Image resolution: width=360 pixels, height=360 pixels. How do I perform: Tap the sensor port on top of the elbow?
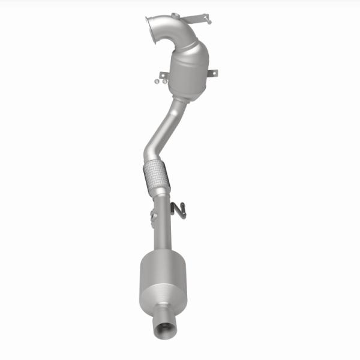175,16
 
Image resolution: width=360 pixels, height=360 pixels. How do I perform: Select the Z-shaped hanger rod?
178,208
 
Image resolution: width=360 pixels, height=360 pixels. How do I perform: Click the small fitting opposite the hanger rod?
152,215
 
